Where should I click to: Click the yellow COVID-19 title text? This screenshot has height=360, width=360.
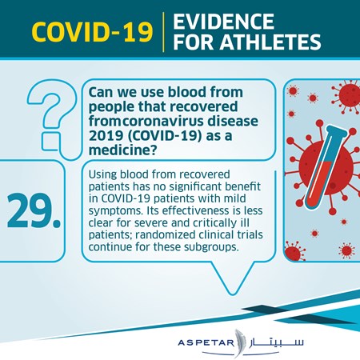point(92,32)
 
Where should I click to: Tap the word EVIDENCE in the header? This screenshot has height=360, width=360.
point(223,22)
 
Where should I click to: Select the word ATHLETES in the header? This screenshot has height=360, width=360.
point(270,42)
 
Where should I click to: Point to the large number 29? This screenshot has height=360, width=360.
point(34,210)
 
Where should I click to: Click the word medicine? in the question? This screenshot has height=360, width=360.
point(122,150)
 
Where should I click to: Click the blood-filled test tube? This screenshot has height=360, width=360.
point(325,167)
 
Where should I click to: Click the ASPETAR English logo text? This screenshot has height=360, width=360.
point(206,342)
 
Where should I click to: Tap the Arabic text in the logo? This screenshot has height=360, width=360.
point(277,342)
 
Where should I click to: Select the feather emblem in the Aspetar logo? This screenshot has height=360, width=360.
point(239,343)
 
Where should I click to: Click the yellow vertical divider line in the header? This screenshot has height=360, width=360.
point(163,32)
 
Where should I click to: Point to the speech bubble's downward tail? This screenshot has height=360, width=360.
point(232,278)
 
